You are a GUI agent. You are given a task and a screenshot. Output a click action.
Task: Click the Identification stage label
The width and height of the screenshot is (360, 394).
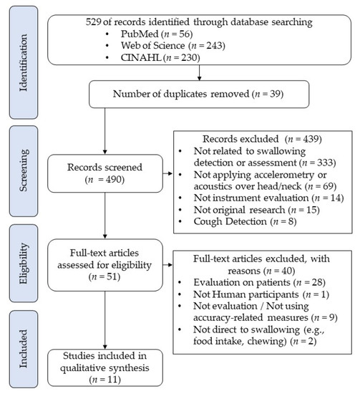21,49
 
